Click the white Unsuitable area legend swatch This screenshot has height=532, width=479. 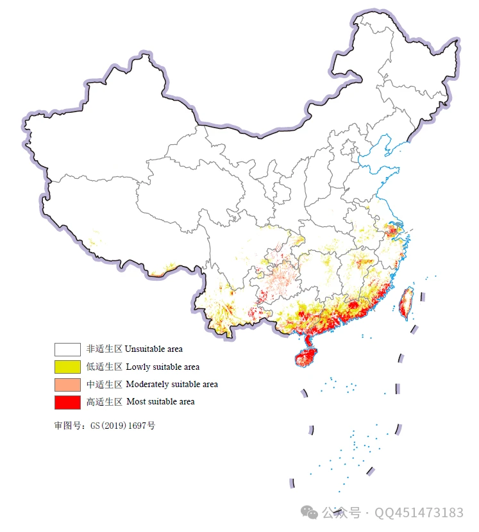pos(67,349)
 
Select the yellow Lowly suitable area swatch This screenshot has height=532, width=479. pos(67,367)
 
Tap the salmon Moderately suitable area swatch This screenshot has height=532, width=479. pos(67,384)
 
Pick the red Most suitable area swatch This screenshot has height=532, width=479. pos(67,402)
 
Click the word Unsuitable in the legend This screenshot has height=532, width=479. pos(142,349)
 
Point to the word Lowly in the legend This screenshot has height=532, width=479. pos(137,367)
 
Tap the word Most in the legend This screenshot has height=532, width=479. pos(135,402)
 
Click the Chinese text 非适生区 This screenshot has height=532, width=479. pos(104,349)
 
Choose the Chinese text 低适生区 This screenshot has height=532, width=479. pos(104,367)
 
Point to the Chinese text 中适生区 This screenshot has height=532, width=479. pos(104,384)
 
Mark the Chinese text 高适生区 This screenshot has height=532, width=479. pos(104,402)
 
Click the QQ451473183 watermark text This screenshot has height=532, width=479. pos(419,513)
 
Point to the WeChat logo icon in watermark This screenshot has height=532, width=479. pos(310,513)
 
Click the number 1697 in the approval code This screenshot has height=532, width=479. pos(137,425)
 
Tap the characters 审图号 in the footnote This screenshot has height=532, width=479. pos(67,425)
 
